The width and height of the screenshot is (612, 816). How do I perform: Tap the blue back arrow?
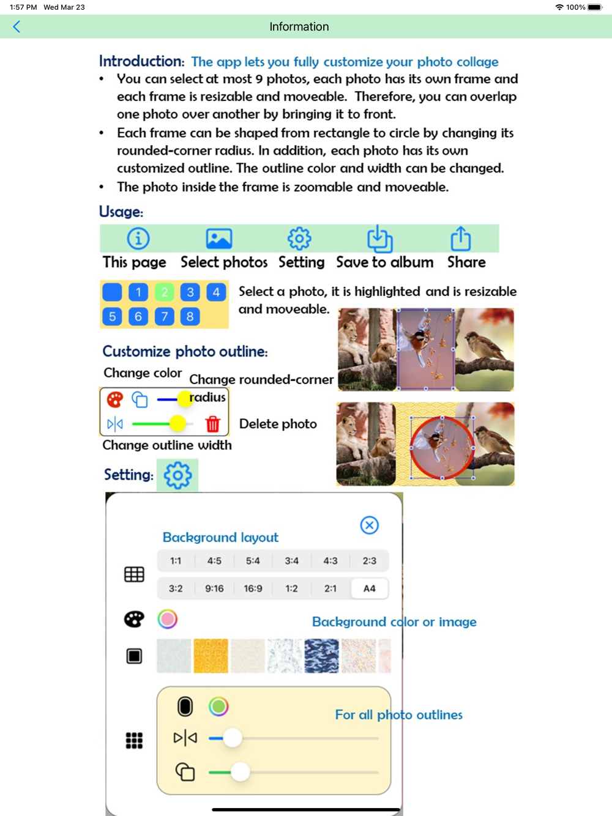[17, 26]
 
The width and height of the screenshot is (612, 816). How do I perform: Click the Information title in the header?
[299, 26]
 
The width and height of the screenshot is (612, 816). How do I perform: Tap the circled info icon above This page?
[138, 239]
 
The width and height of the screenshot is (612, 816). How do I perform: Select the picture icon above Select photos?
[218, 239]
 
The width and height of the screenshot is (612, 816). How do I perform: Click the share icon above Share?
[460, 239]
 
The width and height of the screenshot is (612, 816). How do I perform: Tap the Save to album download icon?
[379, 239]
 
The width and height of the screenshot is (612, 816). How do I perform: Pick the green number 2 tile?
[164, 292]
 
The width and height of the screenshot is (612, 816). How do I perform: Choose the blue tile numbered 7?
[164, 316]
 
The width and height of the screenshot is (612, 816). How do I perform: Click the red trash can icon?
[212, 423]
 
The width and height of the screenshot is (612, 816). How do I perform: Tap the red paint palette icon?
[114, 399]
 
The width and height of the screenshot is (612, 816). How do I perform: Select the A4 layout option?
[369, 588]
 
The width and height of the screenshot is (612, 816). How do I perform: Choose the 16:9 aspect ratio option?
[253, 588]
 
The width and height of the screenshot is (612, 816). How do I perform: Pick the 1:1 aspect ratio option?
[176, 560]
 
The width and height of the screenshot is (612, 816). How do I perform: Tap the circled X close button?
[369, 525]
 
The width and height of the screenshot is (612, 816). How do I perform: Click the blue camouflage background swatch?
[321, 656]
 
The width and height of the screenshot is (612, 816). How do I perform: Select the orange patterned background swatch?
[211, 656]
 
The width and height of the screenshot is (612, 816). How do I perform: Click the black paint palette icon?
[134, 619]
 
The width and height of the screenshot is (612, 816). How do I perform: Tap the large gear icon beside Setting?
[177, 475]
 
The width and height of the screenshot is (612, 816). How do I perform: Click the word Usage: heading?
[121, 212]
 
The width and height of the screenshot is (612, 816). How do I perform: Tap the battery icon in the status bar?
[595, 7]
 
